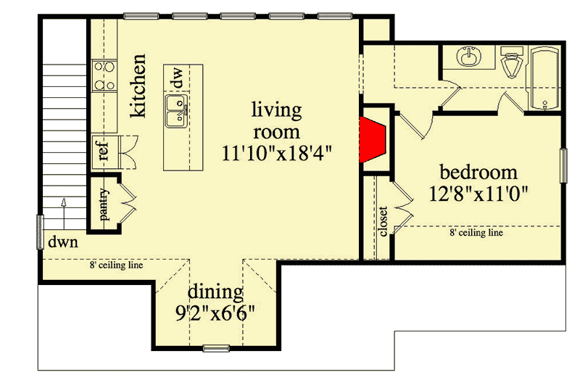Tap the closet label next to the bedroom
(383, 222)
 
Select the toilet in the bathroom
(513, 62)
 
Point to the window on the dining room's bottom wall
(215, 347)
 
